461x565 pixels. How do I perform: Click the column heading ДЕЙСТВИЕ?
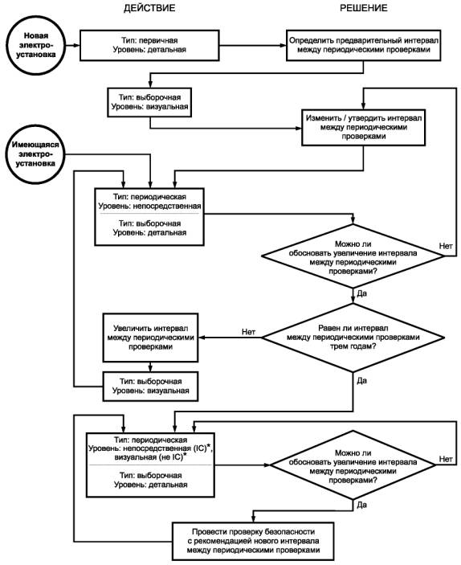pos(149,8)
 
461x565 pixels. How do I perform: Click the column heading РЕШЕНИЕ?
pos(364,8)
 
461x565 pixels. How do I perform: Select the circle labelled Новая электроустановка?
pos(35,45)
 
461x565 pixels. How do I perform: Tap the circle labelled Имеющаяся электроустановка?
pos(35,154)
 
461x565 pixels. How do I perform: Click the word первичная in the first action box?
pos(158,40)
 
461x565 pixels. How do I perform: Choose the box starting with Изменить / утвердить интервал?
pos(363,127)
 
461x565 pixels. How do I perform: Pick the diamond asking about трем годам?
pos(353,338)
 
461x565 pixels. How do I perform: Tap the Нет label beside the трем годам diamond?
pos(248,332)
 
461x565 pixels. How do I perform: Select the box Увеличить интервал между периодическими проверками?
pos(150,338)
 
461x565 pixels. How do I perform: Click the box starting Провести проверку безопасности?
pos(253,541)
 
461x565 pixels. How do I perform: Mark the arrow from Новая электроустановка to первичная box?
pos(72,45)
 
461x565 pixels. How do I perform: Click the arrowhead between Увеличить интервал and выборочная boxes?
pos(150,368)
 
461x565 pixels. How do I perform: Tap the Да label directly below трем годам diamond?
pos(361,380)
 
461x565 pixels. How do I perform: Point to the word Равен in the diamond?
pos(328,328)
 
